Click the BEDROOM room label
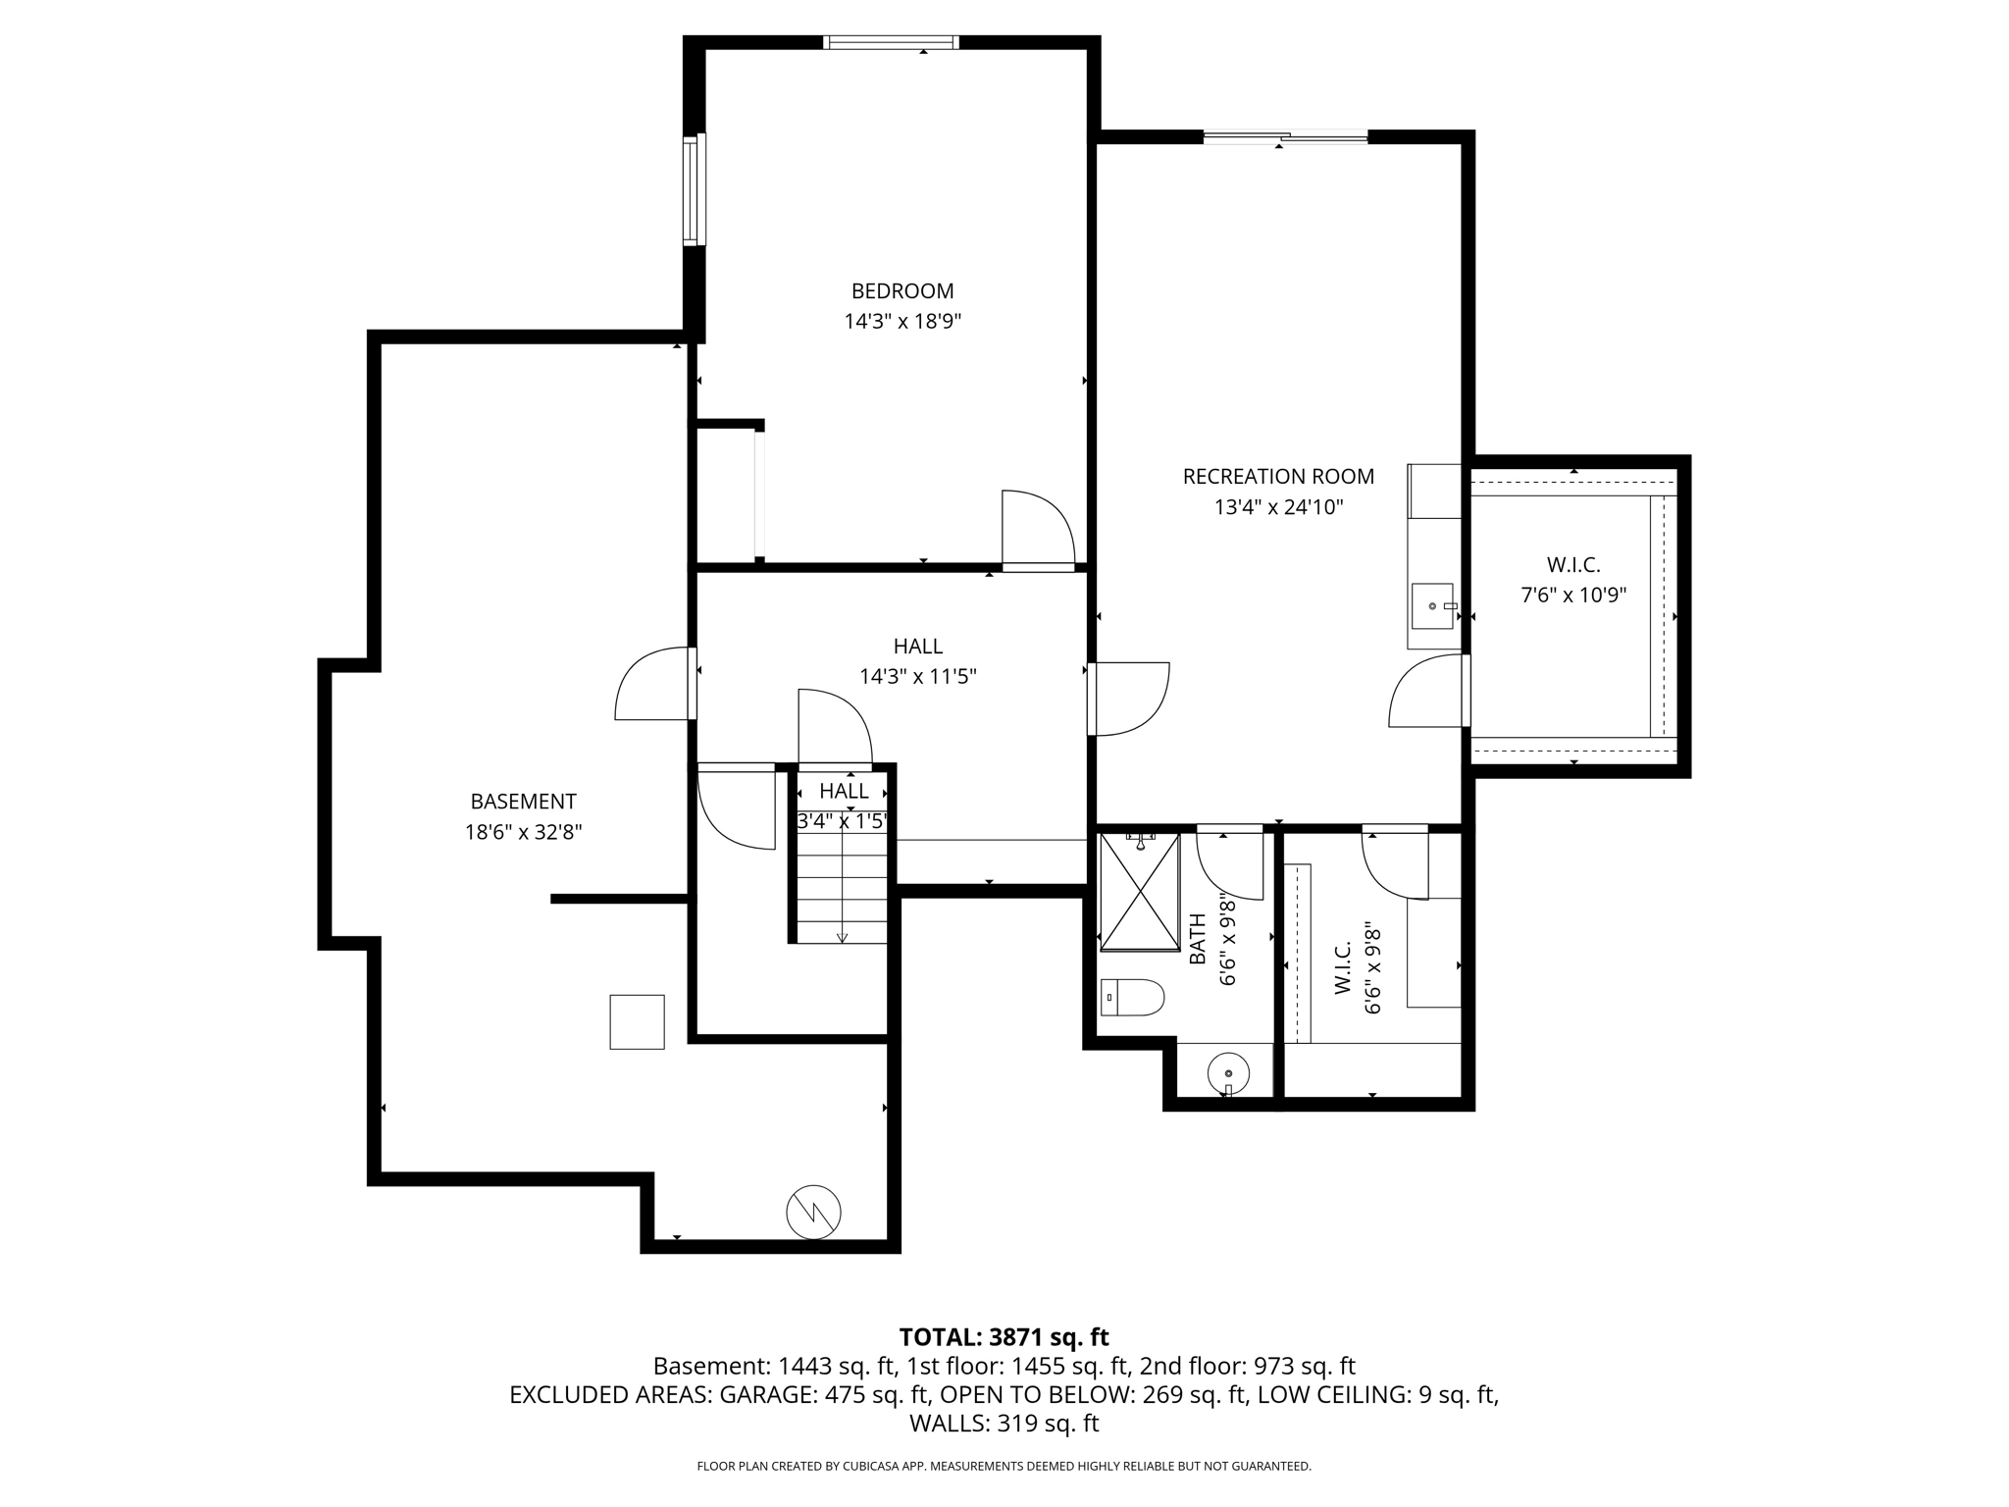(901, 291)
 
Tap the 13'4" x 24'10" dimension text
(1278, 507)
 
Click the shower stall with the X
(1139, 892)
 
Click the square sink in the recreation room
(1431, 606)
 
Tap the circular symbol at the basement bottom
(813, 1213)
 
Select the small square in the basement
(637, 1021)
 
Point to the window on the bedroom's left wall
(695, 188)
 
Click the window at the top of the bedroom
(890, 42)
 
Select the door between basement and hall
(652, 684)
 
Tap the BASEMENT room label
(523, 802)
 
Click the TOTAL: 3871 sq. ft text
(1004, 1337)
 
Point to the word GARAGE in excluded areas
(764, 1394)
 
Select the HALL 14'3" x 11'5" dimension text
(918, 677)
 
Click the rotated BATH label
(1198, 940)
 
